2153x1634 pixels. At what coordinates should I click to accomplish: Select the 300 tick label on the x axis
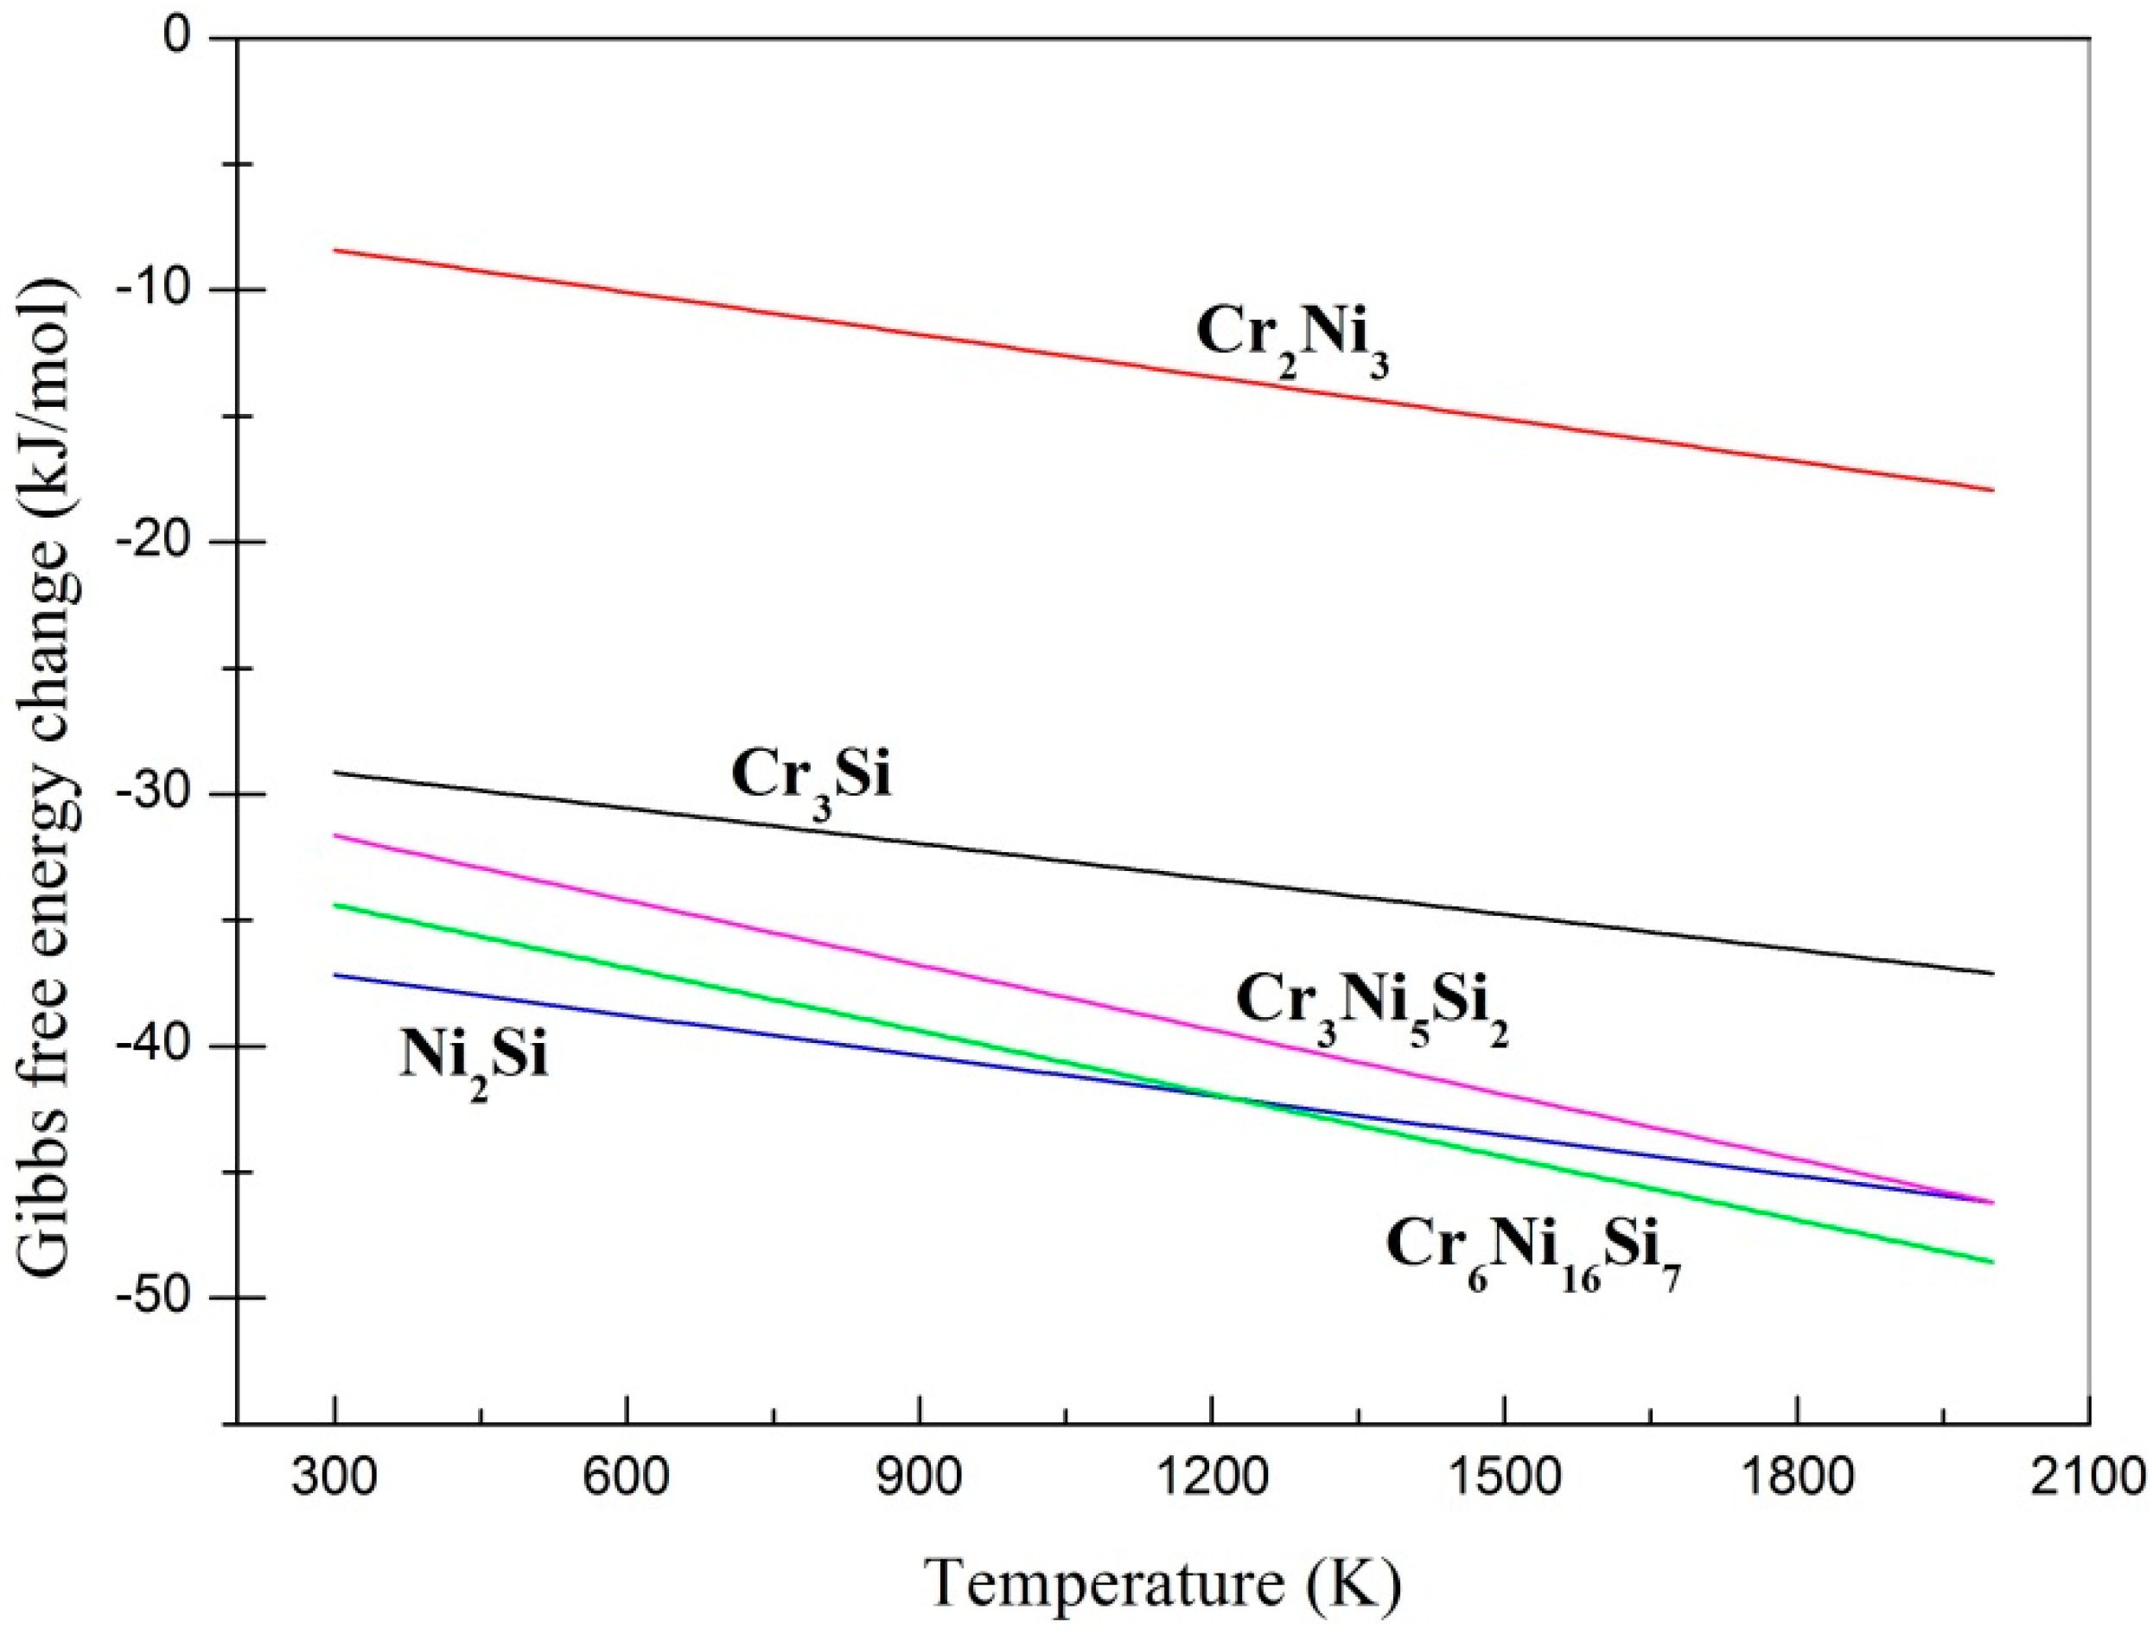click(x=334, y=1483)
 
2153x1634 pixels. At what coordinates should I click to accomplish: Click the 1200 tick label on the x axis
click(x=1211, y=1483)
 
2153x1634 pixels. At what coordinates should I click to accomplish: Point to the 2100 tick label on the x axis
click(x=2089, y=1483)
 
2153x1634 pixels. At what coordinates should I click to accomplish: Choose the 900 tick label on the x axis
click(x=919, y=1483)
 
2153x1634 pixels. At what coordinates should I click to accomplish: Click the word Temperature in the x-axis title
click(x=1104, y=1585)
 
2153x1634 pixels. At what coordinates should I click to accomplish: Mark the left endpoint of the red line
click(x=334, y=250)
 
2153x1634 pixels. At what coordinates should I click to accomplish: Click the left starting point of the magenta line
click(x=334, y=835)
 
